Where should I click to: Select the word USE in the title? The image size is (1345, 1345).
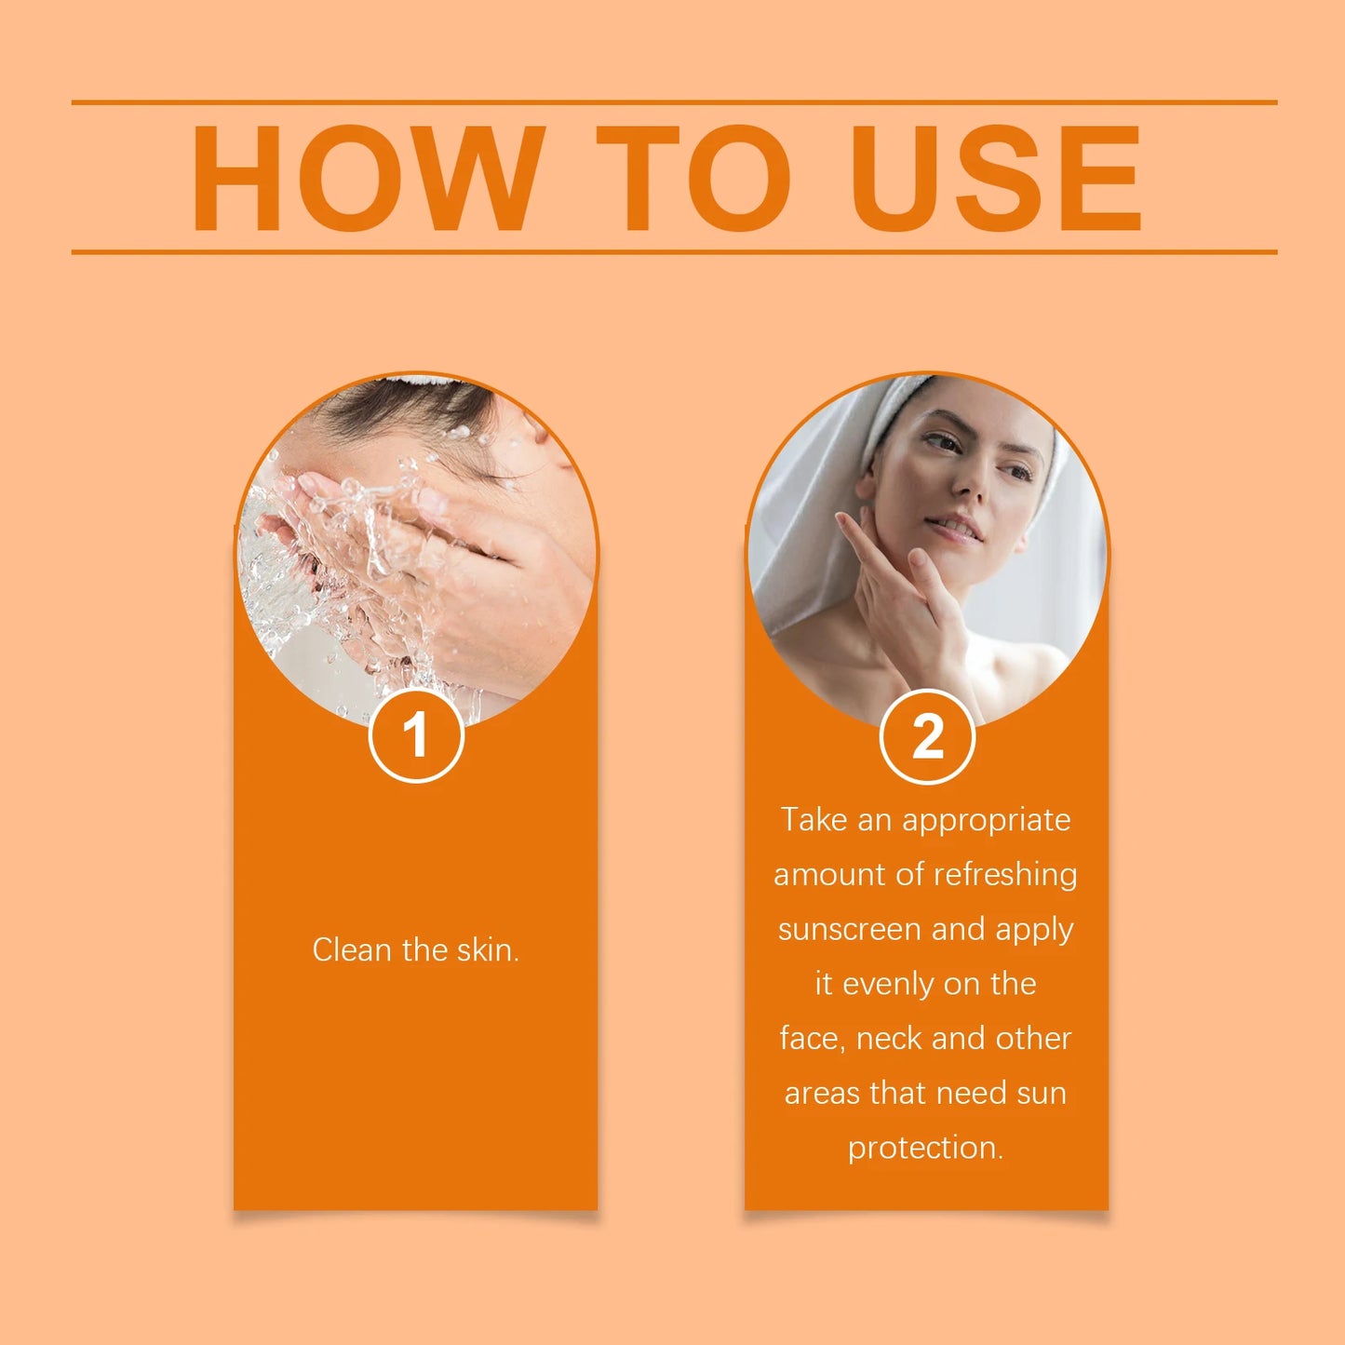[996, 178]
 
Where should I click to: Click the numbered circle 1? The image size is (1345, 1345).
[416, 735]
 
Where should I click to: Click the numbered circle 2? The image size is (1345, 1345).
[927, 736]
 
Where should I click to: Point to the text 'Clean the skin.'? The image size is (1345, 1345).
[415, 949]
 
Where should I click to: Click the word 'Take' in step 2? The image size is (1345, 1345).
[813, 820]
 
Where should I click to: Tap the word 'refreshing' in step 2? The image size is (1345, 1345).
[1005, 875]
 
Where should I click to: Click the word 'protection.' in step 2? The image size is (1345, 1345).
[925, 1148]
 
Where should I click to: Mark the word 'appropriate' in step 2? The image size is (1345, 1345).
[986, 821]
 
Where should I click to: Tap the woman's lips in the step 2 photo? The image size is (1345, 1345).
[959, 528]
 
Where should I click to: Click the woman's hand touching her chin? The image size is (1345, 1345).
[903, 596]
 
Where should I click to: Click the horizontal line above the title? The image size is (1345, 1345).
[674, 102]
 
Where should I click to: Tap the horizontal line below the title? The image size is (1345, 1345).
[674, 251]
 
